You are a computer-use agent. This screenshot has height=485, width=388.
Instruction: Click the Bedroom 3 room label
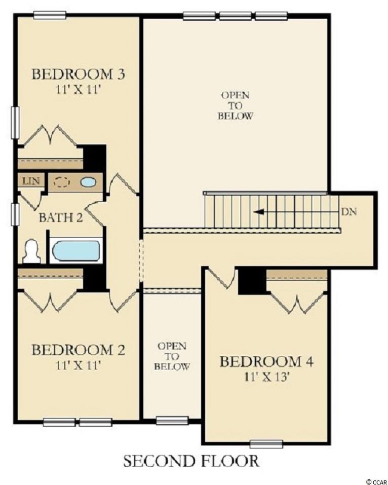click(79, 74)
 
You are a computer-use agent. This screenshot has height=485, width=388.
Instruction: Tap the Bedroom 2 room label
click(79, 350)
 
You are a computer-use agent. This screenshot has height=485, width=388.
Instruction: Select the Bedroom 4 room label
click(266, 361)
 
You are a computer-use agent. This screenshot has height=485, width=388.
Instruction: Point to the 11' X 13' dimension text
click(266, 378)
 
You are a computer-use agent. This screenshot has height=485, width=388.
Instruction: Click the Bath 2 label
click(61, 218)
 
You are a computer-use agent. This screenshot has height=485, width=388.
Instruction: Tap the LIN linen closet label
click(31, 180)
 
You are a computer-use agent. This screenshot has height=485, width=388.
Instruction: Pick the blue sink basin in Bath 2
click(89, 182)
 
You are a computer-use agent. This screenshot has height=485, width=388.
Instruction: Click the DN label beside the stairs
click(349, 212)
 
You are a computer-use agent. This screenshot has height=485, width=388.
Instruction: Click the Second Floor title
click(191, 461)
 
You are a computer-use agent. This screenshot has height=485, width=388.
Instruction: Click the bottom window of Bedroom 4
click(266, 444)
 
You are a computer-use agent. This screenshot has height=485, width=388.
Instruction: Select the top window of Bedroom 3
click(50, 15)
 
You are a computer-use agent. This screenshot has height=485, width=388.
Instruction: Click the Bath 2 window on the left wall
click(15, 214)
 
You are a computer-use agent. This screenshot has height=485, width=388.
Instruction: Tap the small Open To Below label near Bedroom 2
click(172, 356)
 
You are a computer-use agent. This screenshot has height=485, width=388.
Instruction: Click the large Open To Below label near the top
click(235, 105)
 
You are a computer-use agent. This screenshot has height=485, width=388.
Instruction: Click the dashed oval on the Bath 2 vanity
click(61, 182)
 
